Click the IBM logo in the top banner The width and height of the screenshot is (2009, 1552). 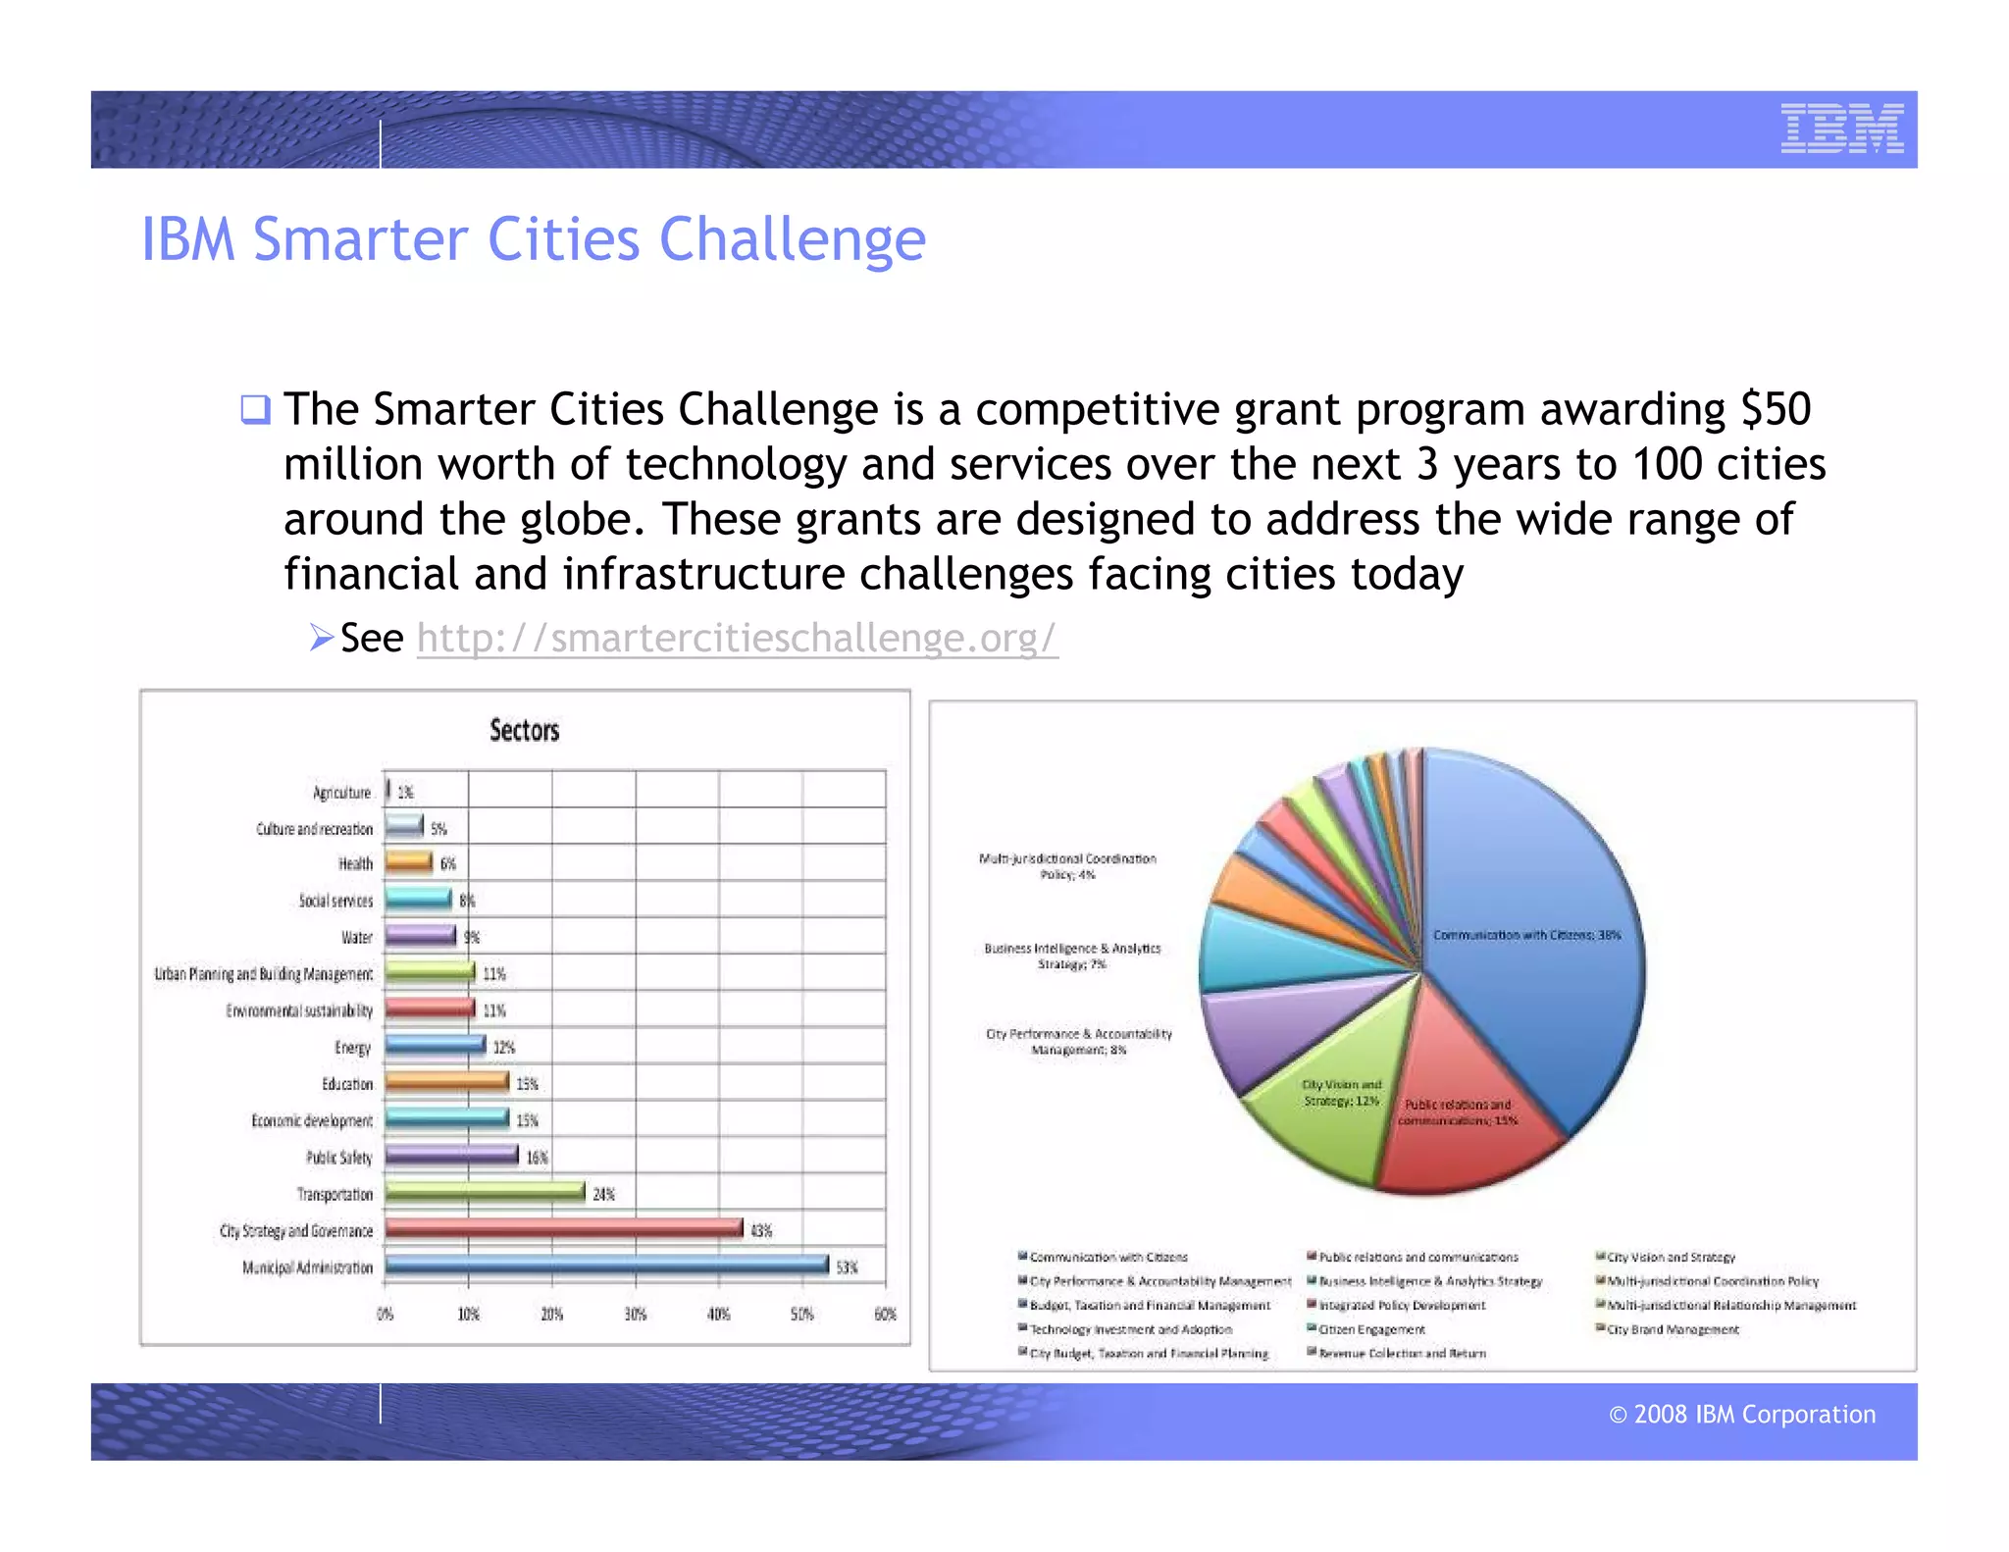(1841, 129)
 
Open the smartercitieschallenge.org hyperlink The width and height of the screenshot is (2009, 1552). (737, 638)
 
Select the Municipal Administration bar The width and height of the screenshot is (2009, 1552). (606, 1266)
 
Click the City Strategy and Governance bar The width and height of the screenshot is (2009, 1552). (563, 1228)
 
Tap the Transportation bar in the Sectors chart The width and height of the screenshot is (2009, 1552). (485, 1192)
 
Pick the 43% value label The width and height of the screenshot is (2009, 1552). (761, 1230)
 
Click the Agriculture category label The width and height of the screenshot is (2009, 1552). (341, 793)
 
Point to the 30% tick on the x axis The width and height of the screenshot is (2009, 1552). (636, 1315)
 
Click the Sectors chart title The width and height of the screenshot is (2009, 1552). (524, 730)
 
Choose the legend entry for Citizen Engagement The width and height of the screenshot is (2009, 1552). (1370, 1329)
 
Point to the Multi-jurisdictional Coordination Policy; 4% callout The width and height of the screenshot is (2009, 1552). (1067, 866)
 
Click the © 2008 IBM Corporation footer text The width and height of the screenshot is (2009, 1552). (1741, 1414)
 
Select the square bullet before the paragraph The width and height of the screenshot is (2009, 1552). (255, 409)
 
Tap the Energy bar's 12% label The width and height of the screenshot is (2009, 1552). (503, 1048)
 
